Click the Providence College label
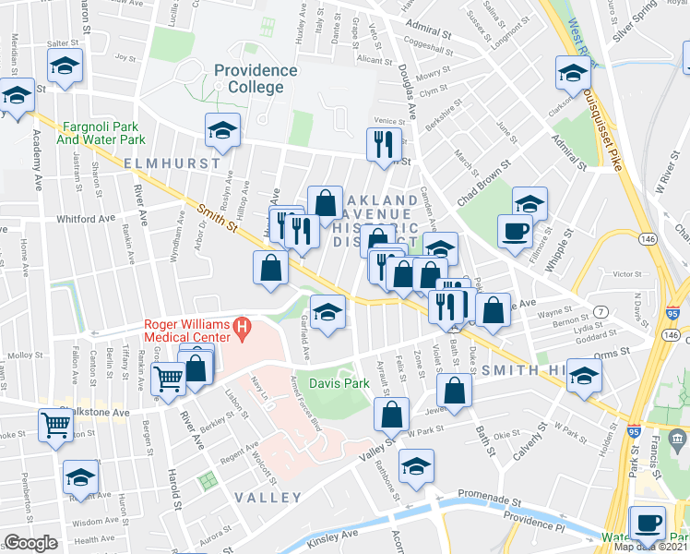click(x=256, y=78)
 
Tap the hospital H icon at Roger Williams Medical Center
click(x=243, y=325)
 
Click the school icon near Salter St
click(x=65, y=66)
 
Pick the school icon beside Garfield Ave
click(x=327, y=312)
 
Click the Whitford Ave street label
click(x=85, y=219)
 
